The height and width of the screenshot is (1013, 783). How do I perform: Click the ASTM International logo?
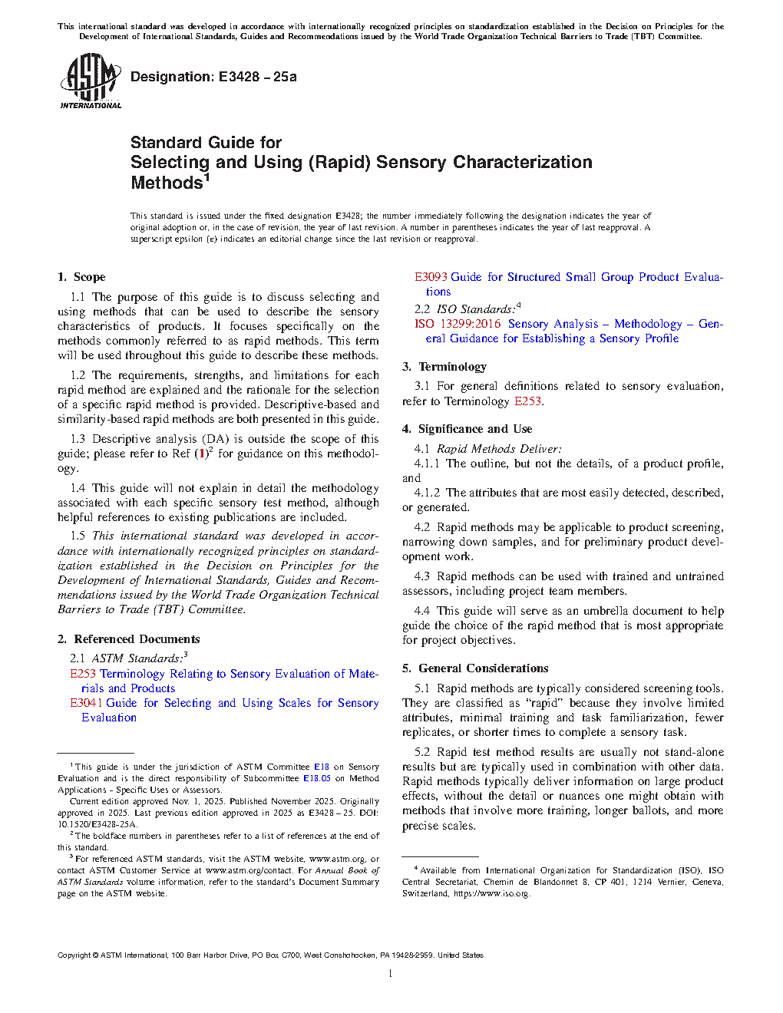click(x=91, y=81)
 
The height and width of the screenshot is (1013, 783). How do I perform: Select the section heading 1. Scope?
click(x=81, y=277)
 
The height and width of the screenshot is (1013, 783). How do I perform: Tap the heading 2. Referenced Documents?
click(x=128, y=639)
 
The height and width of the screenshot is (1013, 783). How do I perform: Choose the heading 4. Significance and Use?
click(x=467, y=429)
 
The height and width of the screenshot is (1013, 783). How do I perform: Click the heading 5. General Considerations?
click(x=475, y=668)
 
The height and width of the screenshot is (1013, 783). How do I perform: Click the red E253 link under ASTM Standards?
click(x=83, y=674)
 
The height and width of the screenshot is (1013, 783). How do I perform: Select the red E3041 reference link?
click(x=86, y=703)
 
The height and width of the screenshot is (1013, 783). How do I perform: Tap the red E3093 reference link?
click(x=431, y=277)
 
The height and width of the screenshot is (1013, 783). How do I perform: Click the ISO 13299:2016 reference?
click(x=458, y=324)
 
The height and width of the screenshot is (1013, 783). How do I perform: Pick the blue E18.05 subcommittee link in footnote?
click(x=316, y=778)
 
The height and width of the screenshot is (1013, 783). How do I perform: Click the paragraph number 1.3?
click(x=78, y=439)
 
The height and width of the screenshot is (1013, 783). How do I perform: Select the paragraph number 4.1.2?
click(x=427, y=493)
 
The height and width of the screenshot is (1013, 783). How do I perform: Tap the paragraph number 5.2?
click(x=422, y=752)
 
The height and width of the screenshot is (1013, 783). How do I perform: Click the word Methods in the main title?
click(x=167, y=183)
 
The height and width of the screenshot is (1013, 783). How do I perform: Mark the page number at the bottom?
click(x=391, y=974)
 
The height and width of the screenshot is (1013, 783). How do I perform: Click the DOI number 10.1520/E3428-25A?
click(x=97, y=824)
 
